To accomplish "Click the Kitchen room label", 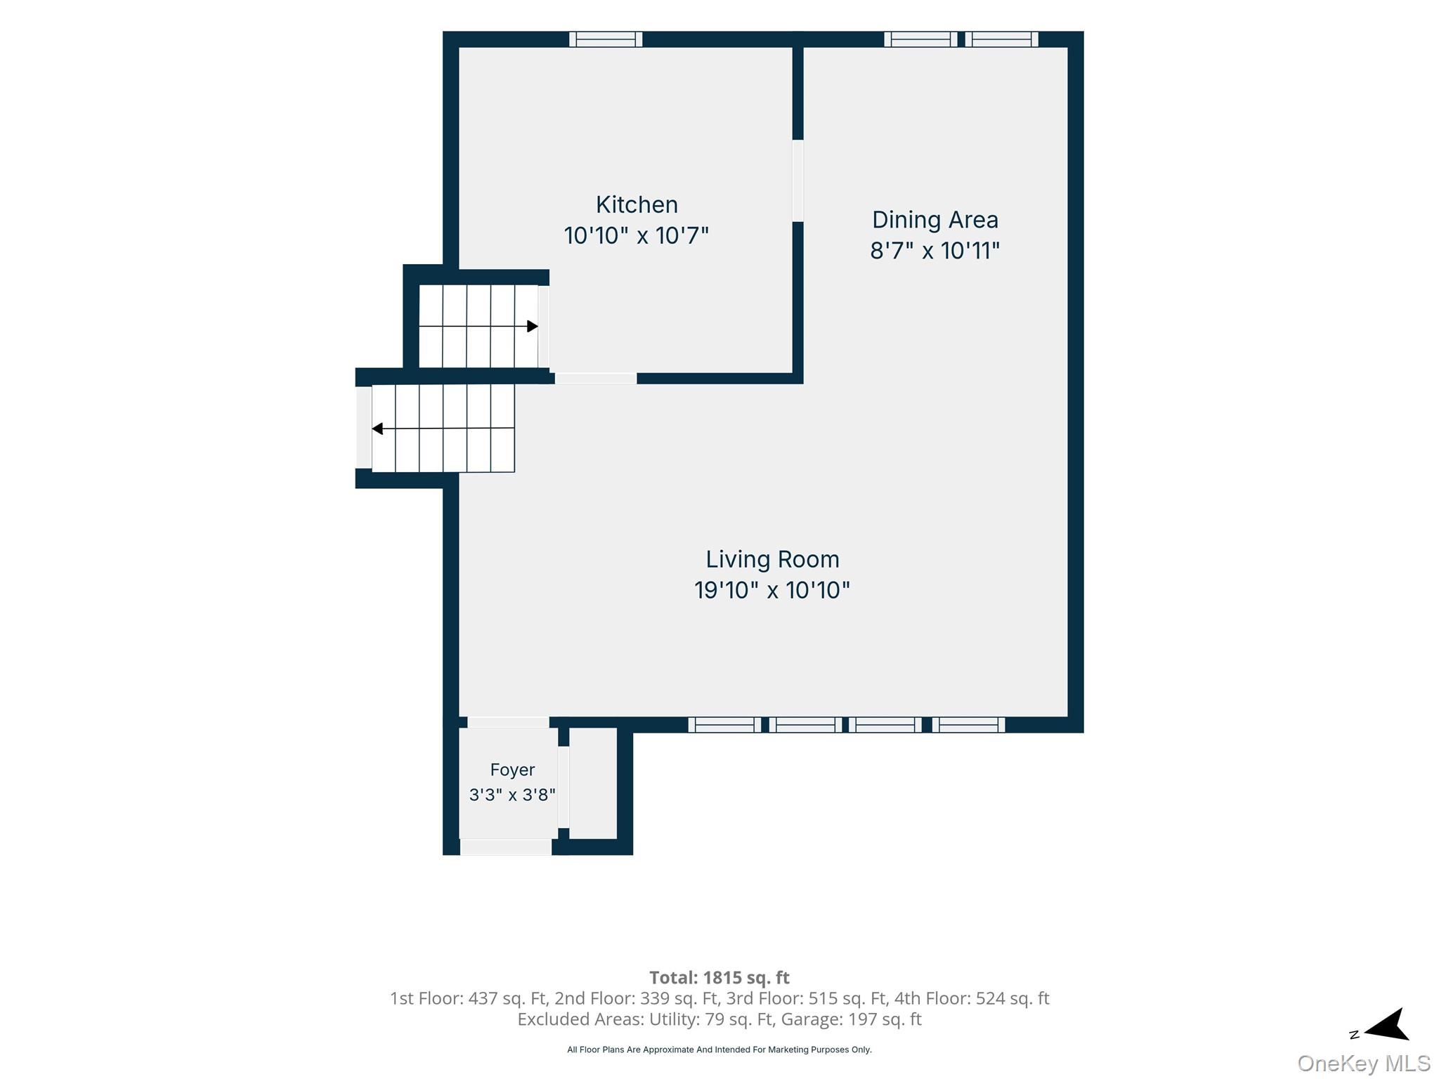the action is pos(637,204).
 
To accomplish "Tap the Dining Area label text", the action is pos(935,220).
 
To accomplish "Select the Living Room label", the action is pos(772,559).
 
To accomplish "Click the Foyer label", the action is pos(512,770).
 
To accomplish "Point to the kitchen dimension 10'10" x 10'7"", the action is pos(637,235).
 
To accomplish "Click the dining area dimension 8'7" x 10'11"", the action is pos(935,251).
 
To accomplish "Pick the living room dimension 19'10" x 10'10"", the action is pos(772,590).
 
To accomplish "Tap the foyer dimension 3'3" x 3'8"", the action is pos(512,794).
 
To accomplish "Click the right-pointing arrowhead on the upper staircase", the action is pos(533,326).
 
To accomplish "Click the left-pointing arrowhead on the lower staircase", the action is pos(377,429).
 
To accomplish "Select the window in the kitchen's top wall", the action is pos(606,39).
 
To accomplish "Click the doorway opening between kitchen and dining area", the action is pos(797,181).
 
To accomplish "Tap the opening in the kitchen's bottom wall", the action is pos(596,379).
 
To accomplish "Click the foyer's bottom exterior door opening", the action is pos(506,847).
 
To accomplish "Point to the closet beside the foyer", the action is pos(593,783).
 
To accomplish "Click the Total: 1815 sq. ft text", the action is pos(719,977).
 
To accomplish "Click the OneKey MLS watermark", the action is pos(1364,1064).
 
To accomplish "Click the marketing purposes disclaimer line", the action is pos(719,1049).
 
